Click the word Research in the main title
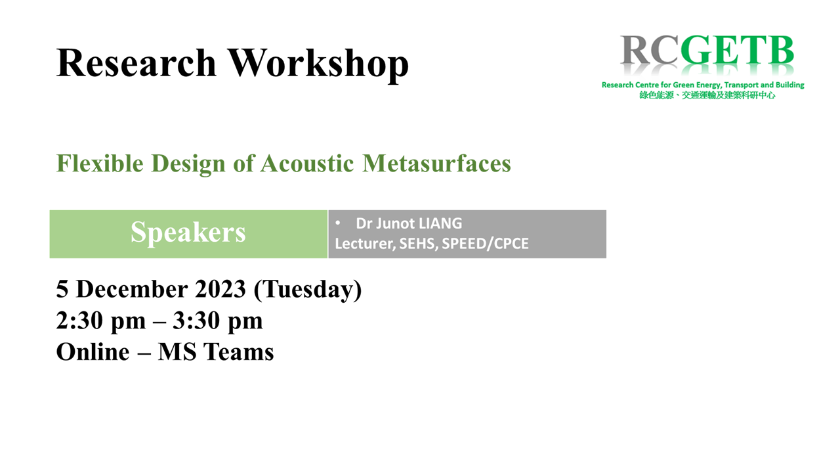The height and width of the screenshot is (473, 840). point(136,62)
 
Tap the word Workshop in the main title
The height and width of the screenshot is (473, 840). point(318,64)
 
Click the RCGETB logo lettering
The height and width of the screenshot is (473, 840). point(707,51)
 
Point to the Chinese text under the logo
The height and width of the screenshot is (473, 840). point(707,95)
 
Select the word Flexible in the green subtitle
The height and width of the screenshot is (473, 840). point(100,164)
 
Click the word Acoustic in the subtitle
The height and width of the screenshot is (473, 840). point(307,164)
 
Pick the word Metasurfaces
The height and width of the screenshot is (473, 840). point(436,164)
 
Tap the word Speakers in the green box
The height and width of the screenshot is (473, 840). point(188,233)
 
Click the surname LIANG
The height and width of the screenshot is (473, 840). point(440,223)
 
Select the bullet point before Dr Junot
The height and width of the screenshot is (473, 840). point(337,223)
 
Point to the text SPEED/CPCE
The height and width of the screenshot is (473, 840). point(485,244)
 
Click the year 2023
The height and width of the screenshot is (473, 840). point(220,289)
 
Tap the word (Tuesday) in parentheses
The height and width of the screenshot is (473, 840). point(308,290)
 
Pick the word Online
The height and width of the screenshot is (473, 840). point(93,352)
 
